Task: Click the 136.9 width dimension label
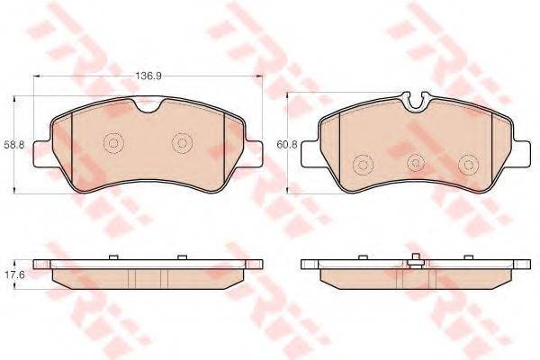point(147,76)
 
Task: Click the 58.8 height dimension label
point(14,145)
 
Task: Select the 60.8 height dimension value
point(287,145)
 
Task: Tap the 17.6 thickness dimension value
point(14,276)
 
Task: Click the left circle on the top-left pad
point(114,142)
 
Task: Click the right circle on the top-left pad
point(182,142)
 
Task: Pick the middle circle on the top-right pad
point(416,163)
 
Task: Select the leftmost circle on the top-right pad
point(364,165)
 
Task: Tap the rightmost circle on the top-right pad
point(468,165)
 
